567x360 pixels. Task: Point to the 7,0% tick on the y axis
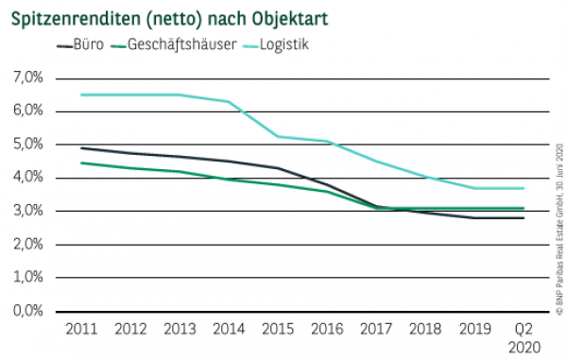point(26,77)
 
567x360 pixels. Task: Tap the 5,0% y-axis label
point(26,145)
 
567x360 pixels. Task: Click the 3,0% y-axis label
point(26,211)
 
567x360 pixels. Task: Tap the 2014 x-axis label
point(228,329)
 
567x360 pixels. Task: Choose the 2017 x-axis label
point(375,329)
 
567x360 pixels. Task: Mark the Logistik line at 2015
point(277,136)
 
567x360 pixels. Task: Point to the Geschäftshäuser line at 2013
point(179,171)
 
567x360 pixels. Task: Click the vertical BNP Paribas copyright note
point(559,227)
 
